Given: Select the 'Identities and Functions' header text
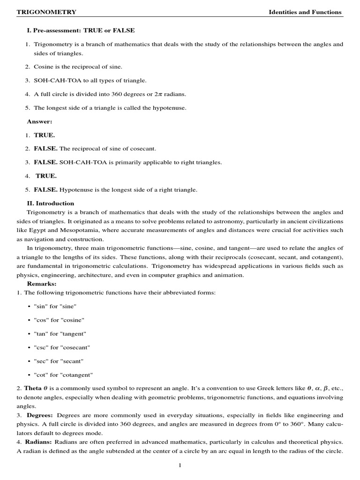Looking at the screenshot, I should (x=305, y=12).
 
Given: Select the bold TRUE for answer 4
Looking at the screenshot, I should (x=46, y=176).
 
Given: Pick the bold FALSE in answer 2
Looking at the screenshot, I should (x=45, y=149).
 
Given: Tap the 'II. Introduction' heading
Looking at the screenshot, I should (x=51, y=203).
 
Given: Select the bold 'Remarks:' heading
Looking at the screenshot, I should (x=42, y=284).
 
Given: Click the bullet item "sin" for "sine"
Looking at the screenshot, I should (x=55, y=306).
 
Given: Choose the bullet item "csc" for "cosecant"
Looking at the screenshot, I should (x=62, y=347).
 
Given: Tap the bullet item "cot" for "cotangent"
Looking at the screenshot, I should (x=63, y=375).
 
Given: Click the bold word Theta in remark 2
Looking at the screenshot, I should (x=33, y=388).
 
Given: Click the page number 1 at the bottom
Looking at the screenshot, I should (x=180, y=465).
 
